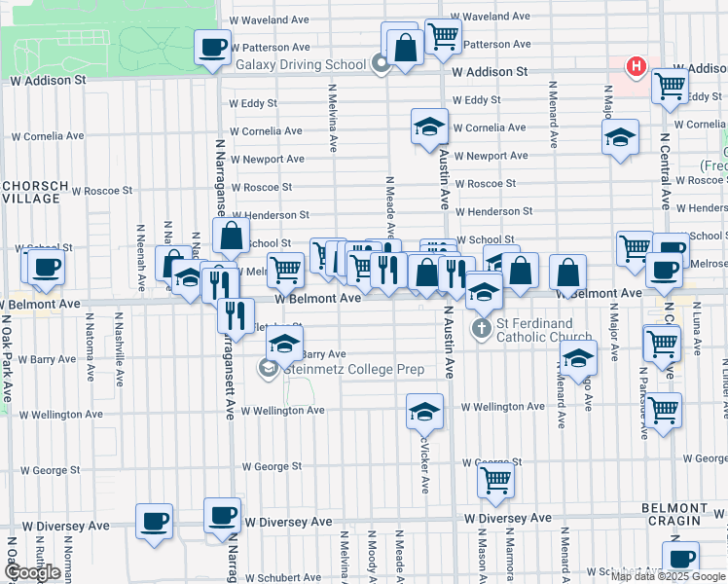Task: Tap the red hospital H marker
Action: click(636, 67)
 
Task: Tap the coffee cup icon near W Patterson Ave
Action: click(211, 48)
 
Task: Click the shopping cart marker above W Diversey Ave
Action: click(495, 480)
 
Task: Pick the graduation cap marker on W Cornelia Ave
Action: click(428, 128)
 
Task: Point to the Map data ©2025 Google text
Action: click(668, 576)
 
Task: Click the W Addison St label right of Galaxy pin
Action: click(489, 72)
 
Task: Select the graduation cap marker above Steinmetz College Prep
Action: click(283, 344)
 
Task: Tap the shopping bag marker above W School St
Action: click(231, 236)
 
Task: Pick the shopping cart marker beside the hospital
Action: click(670, 86)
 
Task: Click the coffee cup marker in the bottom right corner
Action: click(681, 560)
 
